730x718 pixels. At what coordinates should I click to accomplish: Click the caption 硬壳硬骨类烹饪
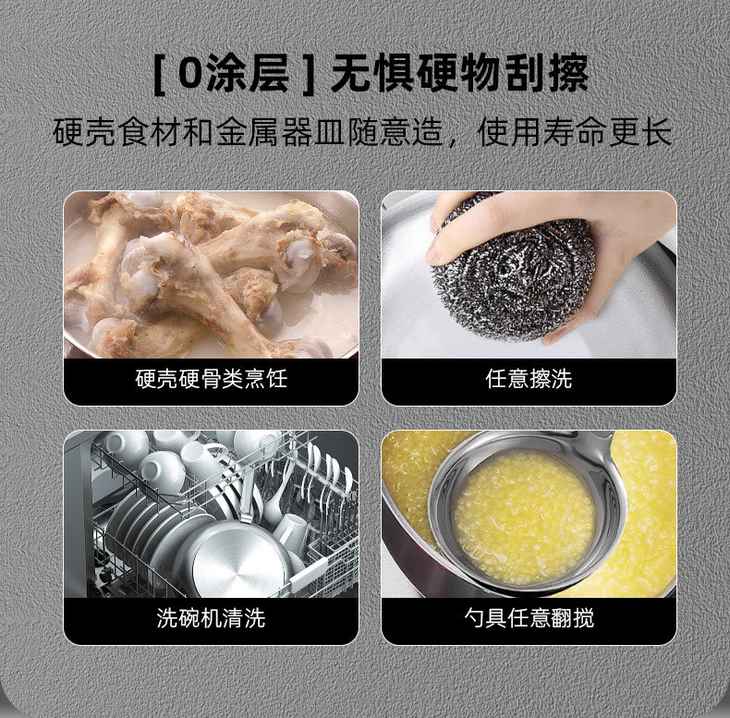tap(212, 379)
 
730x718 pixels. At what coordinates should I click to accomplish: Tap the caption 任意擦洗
tap(529, 379)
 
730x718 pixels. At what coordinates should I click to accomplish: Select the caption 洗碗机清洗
tap(212, 618)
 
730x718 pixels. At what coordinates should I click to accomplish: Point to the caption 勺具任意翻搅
tap(529, 618)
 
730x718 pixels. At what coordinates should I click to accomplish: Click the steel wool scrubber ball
tap(512, 278)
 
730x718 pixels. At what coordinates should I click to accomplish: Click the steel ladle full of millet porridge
tap(526, 512)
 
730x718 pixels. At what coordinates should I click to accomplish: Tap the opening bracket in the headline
tap(159, 75)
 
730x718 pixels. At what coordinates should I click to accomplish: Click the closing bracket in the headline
tap(309, 75)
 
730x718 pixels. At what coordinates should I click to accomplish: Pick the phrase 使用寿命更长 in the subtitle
tap(575, 132)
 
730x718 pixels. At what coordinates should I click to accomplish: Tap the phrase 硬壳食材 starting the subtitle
tap(116, 132)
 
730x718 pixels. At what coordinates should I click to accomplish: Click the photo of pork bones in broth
tap(211, 274)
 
